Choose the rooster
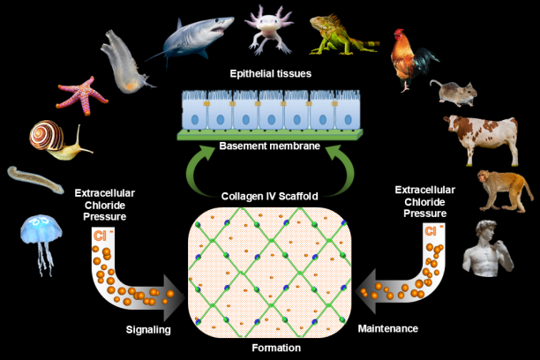[413, 57]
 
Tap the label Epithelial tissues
[270, 75]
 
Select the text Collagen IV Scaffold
[270, 195]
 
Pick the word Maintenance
[388, 329]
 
